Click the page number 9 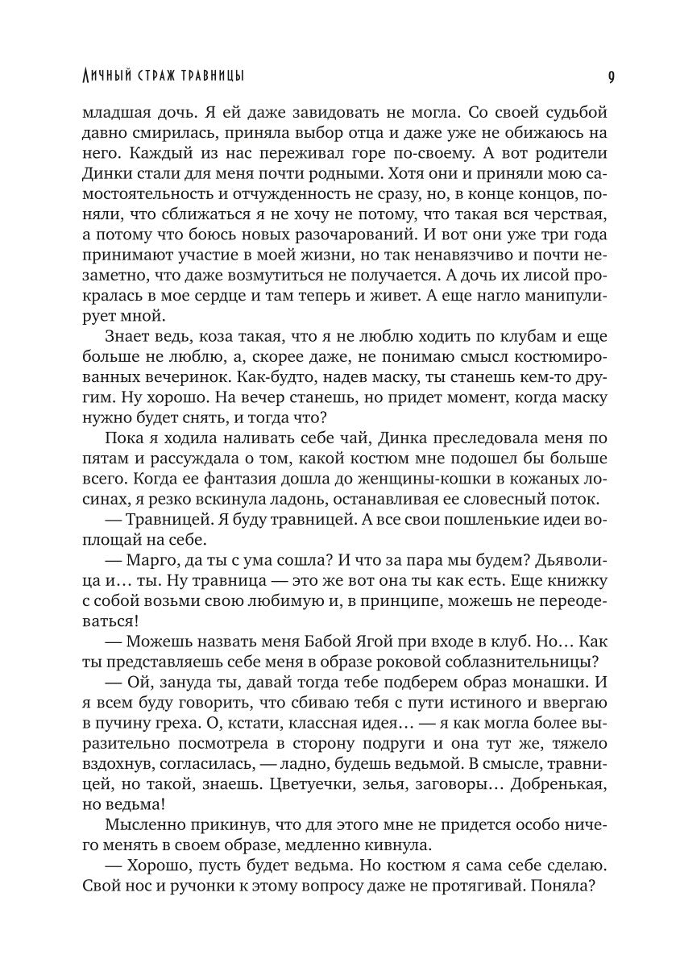[x=612, y=77]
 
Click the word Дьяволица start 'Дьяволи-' [x=579, y=558]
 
